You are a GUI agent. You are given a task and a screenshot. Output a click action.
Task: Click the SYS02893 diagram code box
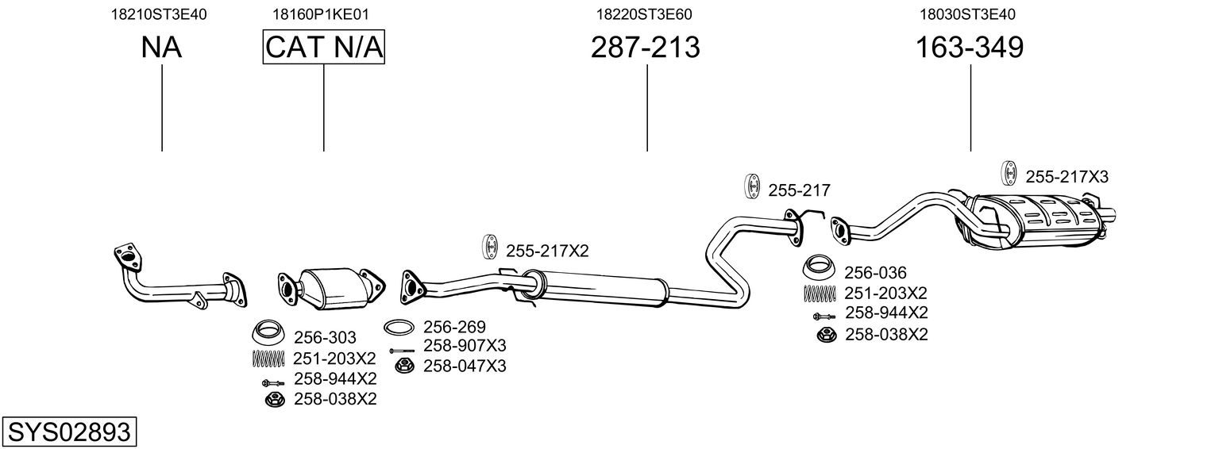pos(68,432)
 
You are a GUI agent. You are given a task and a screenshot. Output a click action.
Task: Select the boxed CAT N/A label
pos(324,48)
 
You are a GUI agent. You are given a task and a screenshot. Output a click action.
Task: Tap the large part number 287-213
pos(646,48)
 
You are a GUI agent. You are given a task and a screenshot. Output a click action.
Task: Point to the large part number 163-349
pos(970,48)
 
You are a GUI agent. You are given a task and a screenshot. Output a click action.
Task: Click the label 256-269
pos(454,327)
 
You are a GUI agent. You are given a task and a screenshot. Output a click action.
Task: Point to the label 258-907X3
pos(465,346)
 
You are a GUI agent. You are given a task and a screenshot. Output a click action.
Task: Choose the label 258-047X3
pos(465,366)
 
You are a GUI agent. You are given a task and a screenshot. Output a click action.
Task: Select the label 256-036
pos(875,272)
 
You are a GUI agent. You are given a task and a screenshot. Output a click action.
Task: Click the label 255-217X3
pos(1066,176)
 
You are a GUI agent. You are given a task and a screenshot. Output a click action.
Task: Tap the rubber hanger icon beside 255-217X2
pos(489,247)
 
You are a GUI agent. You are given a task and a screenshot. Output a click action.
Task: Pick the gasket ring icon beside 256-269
pos(399,327)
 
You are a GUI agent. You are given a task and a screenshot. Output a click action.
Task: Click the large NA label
pos(162,48)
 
